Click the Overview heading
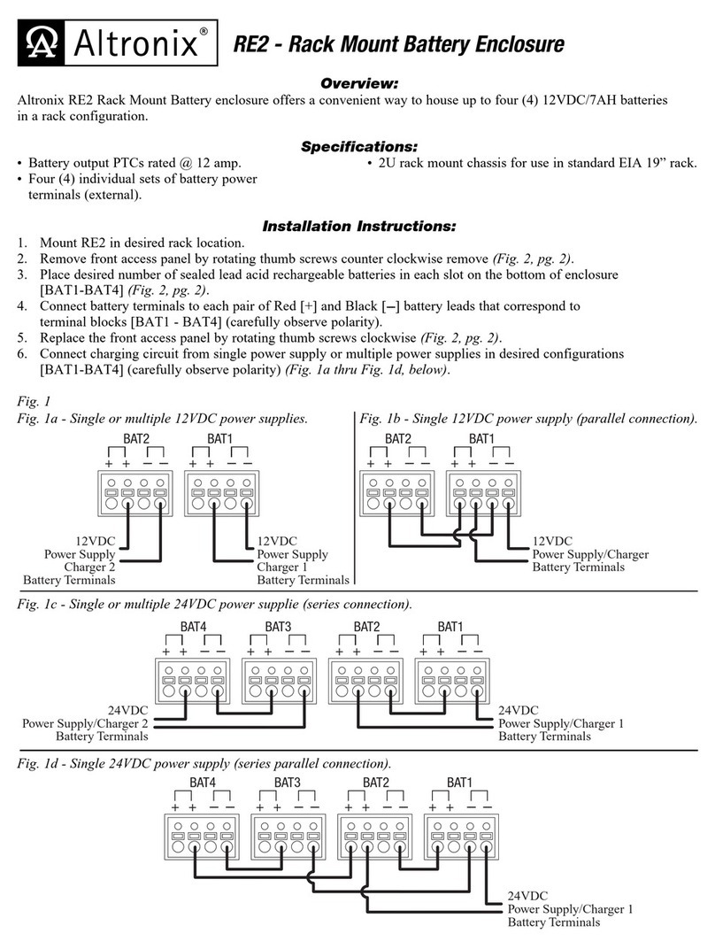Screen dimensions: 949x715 [357, 83]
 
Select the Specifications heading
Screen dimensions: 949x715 [357, 145]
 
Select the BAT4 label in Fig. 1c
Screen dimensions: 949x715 [193, 626]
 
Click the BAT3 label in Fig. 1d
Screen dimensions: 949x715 [287, 783]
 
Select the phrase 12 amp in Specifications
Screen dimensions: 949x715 [217, 164]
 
